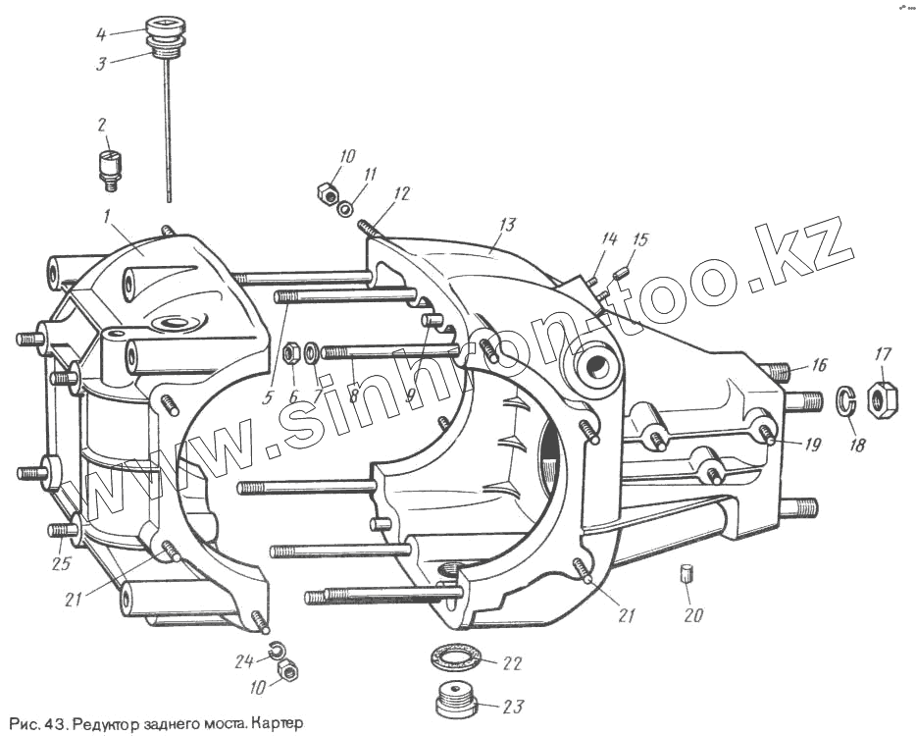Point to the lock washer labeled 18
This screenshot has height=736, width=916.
(x=845, y=400)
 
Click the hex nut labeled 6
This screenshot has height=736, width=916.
(x=291, y=353)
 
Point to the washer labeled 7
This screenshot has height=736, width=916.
(x=311, y=351)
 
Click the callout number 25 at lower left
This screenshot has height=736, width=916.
(x=61, y=564)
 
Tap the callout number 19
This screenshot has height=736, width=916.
(x=813, y=445)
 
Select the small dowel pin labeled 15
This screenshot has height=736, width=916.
(x=619, y=272)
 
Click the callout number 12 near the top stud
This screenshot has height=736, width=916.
(x=403, y=194)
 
